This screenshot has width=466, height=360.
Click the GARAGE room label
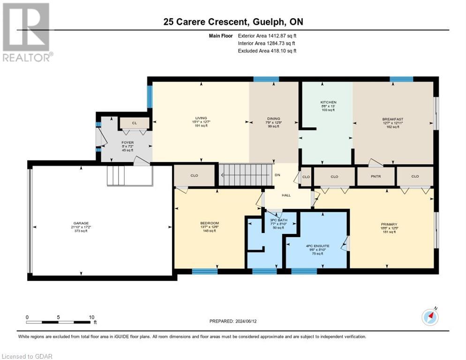tap(81, 223)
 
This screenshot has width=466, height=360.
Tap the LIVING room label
tap(201, 118)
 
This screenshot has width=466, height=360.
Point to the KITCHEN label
tap(328, 102)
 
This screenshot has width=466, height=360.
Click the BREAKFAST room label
tap(392, 119)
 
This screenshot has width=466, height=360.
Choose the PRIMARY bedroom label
tap(389, 224)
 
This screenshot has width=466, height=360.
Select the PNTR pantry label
tap(375, 177)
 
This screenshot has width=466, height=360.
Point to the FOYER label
tap(115, 142)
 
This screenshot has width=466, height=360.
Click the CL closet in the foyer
tap(134, 123)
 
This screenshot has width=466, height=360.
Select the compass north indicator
tap(430, 317)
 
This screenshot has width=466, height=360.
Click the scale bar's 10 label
tap(91, 317)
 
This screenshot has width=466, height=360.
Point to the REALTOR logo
tap(27, 33)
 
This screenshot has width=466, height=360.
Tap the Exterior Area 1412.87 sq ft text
tap(267, 36)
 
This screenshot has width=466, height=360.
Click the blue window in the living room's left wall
tap(150, 96)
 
